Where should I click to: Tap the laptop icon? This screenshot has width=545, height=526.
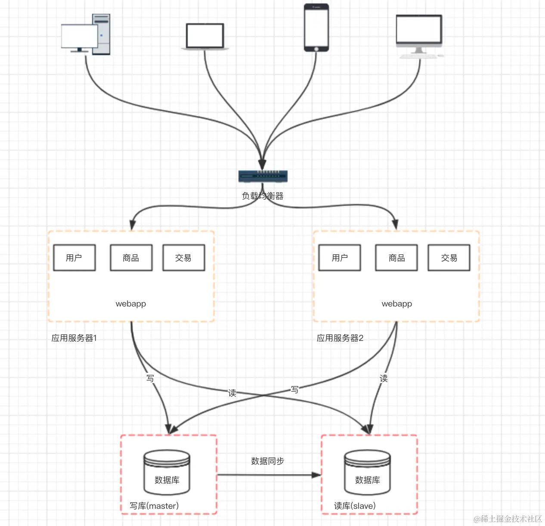point(205,37)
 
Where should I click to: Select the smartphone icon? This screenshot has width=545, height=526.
point(316,28)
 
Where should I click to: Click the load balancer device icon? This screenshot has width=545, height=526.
point(263,176)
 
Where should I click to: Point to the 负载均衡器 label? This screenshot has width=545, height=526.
point(263,196)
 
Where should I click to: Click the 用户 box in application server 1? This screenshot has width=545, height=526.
point(74,258)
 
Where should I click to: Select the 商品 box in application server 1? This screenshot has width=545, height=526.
point(131,258)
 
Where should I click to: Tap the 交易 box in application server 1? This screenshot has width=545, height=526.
point(183,258)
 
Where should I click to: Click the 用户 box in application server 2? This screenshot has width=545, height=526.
point(340,258)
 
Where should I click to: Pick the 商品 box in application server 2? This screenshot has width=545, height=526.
point(396,258)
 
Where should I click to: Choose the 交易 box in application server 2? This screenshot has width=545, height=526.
point(449,258)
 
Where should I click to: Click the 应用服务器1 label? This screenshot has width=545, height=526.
point(74,338)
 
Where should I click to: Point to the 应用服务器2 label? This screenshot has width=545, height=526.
point(340,338)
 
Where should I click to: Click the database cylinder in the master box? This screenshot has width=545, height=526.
point(167,473)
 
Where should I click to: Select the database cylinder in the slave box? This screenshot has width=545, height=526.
point(367,473)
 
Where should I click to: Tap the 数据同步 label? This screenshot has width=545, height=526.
point(268,461)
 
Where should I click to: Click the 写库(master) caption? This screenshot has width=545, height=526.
point(154,506)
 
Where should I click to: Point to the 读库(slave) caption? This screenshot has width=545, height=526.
point(355,506)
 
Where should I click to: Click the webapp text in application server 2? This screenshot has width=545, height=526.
point(396,304)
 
